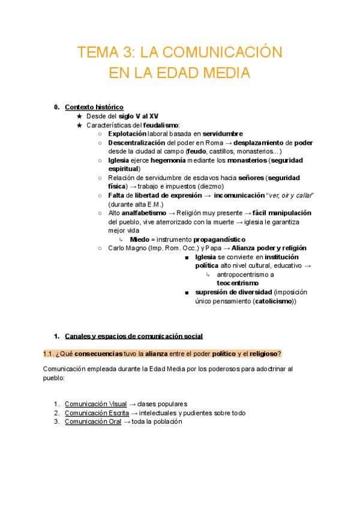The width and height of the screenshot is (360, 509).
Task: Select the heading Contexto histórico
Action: (x=94, y=107)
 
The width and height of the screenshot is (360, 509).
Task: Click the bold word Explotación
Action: (x=127, y=134)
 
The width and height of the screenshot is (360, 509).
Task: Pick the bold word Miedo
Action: (x=139, y=239)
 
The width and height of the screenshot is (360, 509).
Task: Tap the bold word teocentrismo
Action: (x=238, y=283)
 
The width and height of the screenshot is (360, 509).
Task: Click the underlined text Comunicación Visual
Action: (x=96, y=404)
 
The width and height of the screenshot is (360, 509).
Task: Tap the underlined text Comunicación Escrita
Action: (x=96, y=413)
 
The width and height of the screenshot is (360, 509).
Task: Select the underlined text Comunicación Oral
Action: (x=92, y=421)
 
